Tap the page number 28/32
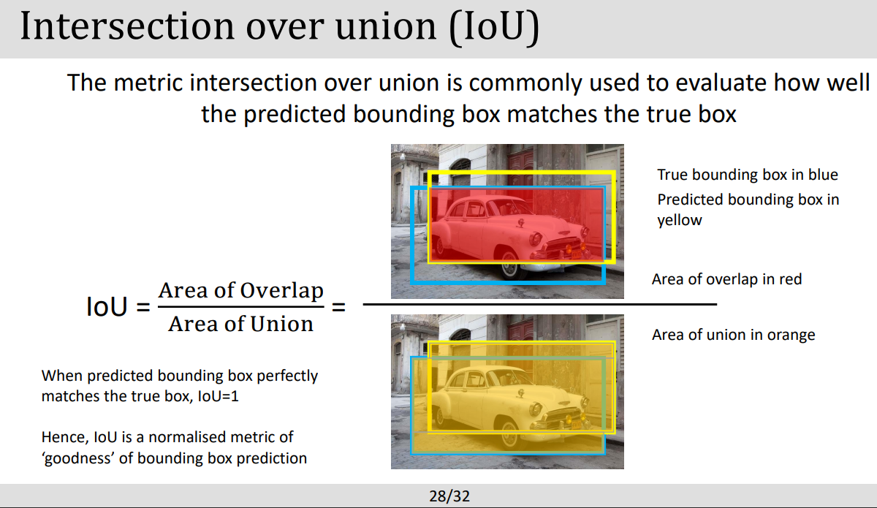point(449,497)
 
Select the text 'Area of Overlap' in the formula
point(240,290)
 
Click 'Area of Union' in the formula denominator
point(240,324)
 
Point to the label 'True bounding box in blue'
point(747,175)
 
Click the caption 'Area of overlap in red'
point(726,279)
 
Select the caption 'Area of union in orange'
point(733,335)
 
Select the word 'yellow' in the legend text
point(679,220)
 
